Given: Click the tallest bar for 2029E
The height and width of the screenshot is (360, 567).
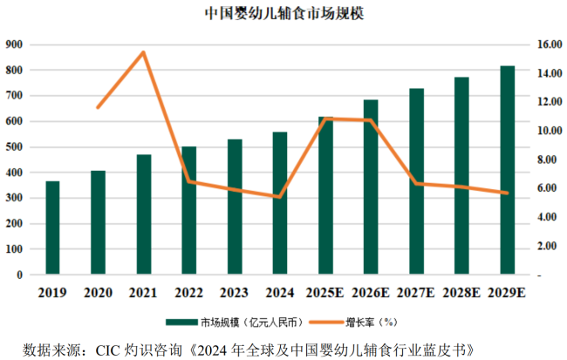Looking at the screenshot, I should coord(507,171).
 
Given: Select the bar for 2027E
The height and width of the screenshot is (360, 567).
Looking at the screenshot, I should coord(416,182).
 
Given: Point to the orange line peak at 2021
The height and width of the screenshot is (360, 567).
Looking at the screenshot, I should coord(143,52).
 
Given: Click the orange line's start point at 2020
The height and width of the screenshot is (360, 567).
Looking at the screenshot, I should coord(98,107).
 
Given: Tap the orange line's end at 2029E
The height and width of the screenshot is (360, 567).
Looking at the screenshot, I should coord(507,193).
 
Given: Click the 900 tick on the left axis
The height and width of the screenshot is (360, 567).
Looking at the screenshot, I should coord(14,44).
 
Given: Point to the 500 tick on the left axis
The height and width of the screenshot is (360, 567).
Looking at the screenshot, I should coord(14,147).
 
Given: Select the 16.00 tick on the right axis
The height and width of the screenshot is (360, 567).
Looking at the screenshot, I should coord(547,44).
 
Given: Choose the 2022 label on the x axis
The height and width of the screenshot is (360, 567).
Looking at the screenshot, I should coord(188,293).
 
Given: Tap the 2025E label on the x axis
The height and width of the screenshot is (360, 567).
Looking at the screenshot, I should coord(325,293).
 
